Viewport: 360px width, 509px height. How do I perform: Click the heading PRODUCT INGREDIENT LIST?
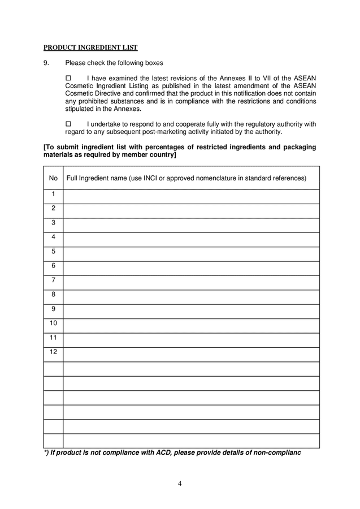tap(90, 48)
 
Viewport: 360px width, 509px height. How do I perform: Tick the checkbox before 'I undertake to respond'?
tap(69, 124)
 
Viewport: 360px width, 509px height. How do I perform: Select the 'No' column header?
tap(53, 178)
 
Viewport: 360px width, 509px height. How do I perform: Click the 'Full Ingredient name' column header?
tap(186, 178)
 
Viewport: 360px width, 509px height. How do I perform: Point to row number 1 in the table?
tap(53, 195)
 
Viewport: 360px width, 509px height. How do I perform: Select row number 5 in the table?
tap(53, 252)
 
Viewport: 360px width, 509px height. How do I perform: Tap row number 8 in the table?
tap(53, 295)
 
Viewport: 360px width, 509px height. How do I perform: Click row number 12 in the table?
tap(53, 352)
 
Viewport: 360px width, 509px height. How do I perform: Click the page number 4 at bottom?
tap(180, 483)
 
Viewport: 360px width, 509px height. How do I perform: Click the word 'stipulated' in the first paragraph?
tap(81, 109)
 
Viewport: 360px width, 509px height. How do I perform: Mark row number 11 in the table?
tap(53, 338)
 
